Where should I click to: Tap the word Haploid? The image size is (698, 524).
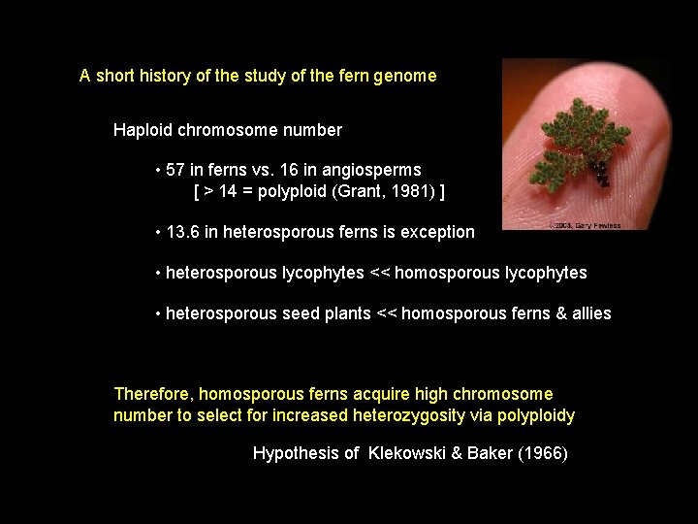pyautogui.click(x=142, y=129)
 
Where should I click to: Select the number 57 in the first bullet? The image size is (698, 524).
pyautogui.click(x=175, y=170)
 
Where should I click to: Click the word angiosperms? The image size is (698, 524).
pyautogui.click(x=373, y=170)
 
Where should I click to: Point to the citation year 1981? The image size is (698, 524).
pyautogui.click(x=411, y=191)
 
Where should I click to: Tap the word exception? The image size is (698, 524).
pyautogui.click(x=437, y=232)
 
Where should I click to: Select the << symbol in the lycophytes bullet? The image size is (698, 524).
pyautogui.click(x=381, y=273)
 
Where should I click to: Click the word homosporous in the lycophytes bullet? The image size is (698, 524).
pyautogui.click(x=449, y=273)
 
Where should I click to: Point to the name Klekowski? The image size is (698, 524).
pyautogui.click(x=406, y=453)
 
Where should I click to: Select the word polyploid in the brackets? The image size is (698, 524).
pyautogui.click(x=295, y=191)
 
